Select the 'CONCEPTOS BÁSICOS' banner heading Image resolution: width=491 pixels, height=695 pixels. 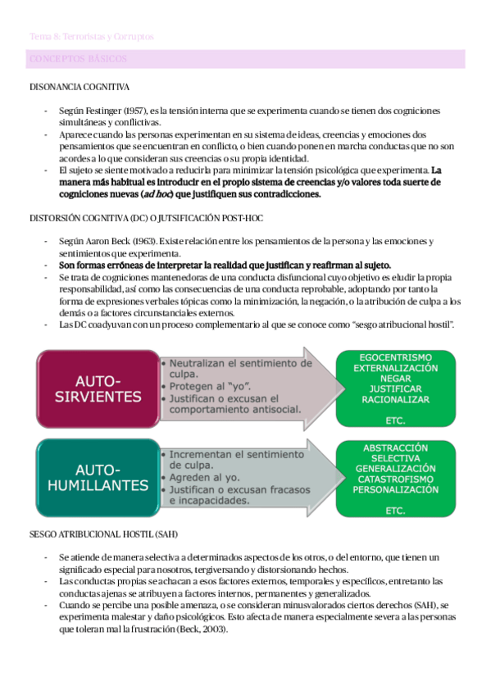tap(77, 60)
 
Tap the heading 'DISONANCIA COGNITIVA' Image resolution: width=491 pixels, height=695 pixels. tap(78, 87)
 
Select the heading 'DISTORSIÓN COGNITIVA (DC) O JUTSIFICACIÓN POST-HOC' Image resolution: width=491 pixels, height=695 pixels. tap(145, 218)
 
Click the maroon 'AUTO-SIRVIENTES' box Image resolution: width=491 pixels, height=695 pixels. tap(97, 388)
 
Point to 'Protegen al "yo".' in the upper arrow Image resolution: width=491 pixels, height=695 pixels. tap(205, 386)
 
